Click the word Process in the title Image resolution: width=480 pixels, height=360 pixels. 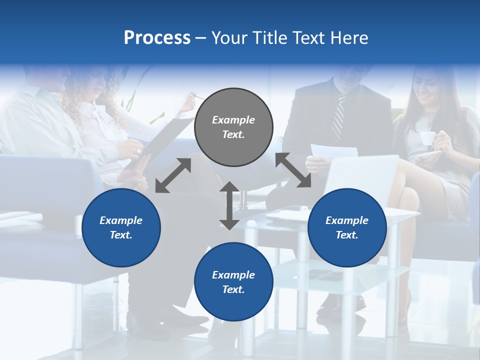(x=157, y=38)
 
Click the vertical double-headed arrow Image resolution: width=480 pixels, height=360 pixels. (x=229, y=205)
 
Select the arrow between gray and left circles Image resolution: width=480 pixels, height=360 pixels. (x=173, y=175)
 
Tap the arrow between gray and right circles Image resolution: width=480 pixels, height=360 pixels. (x=293, y=170)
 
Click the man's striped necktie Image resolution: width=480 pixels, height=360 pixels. (x=338, y=118)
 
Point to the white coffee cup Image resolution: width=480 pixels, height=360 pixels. (x=426, y=138)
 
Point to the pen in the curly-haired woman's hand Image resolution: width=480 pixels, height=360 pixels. (x=199, y=97)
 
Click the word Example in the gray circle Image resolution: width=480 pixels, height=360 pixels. (x=233, y=120)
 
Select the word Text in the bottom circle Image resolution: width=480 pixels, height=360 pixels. (x=233, y=289)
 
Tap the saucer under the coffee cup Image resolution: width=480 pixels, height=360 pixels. (x=428, y=154)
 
